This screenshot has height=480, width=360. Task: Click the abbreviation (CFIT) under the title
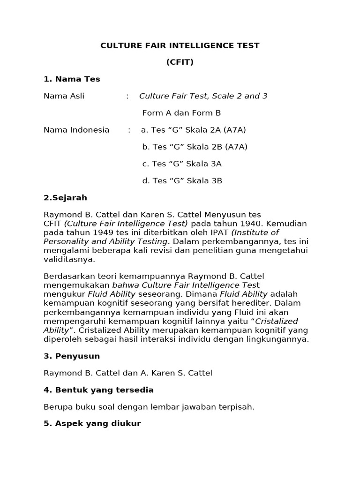(x=180, y=62)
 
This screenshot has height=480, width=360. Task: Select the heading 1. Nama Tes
(x=72, y=79)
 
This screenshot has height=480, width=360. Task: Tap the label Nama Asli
(x=64, y=96)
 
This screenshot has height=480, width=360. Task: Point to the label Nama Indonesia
(x=76, y=130)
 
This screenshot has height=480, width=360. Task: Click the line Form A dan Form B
(x=181, y=113)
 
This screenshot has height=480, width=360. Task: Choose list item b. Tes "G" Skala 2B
(x=195, y=147)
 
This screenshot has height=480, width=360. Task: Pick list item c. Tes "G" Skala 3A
(x=182, y=164)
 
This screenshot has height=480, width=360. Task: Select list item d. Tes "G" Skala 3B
(x=182, y=180)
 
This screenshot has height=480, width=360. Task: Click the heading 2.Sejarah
(x=65, y=198)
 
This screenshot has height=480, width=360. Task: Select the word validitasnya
(x=69, y=259)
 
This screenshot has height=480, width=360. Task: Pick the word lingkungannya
(x=280, y=339)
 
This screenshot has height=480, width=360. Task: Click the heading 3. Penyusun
(x=72, y=356)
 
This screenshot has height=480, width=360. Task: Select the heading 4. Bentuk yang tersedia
(x=98, y=390)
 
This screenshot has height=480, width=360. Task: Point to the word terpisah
(x=237, y=407)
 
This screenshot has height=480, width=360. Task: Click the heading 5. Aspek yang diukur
(x=92, y=424)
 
